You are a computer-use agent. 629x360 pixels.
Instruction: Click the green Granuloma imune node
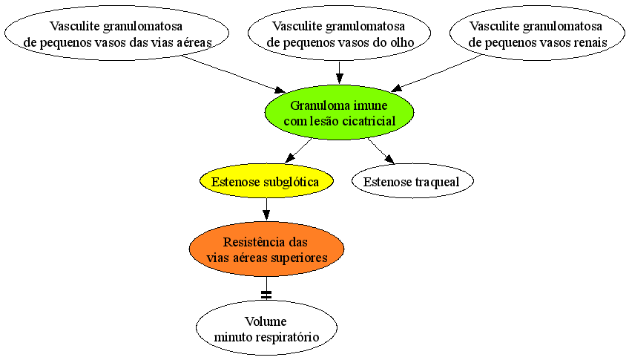pos(339,113)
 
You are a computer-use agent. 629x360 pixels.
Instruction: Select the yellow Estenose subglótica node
pos(266,181)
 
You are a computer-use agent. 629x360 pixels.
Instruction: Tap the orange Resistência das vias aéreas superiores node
pos(266,249)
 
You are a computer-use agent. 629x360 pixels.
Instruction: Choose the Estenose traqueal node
pos(412,181)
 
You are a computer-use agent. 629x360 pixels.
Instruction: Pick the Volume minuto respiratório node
pos(266,328)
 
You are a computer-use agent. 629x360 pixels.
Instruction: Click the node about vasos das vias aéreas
pos(116,33)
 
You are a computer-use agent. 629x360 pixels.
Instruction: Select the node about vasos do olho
pos(340,33)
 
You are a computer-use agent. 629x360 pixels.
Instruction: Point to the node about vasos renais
pos(537,33)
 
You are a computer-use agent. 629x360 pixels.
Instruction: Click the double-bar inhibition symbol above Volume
pos(266,295)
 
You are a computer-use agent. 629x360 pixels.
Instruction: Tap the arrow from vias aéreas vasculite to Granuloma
pos(234,73)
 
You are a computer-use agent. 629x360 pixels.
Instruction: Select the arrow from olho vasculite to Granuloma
pos(340,73)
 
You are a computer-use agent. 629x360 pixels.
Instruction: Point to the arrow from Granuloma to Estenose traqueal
pos(381,151)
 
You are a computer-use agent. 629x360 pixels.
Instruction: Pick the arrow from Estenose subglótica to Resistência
pos(266,209)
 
